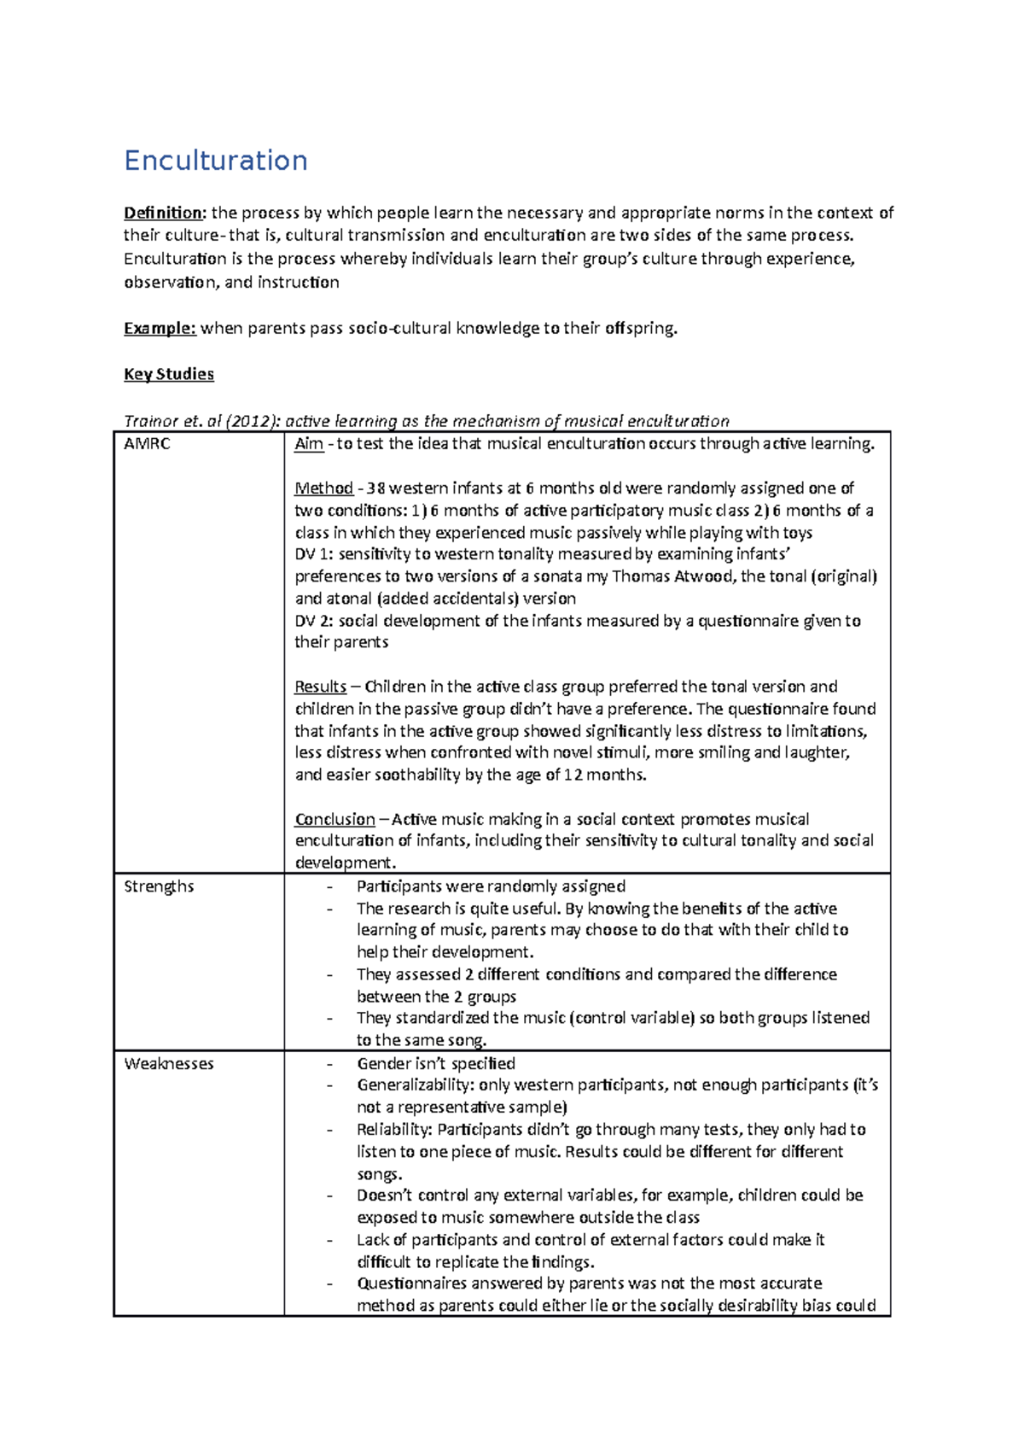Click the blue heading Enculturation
click(x=215, y=161)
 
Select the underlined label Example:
click(x=160, y=328)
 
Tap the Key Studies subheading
click(x=168, y=374)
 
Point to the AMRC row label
click(x=147, y=444)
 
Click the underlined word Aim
click(x=308, y=444)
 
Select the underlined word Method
click(x=323, y=488)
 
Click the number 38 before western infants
click(x=375, y=488)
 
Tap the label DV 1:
click(x=314, y=554)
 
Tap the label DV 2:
click(x=314, y=621)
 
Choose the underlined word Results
click(x=320, y=687)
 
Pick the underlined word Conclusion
click(x=335, y=820)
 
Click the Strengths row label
click(x=159, y=886)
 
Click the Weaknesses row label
click(x=169, y=1064)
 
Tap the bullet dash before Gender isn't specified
click(x=330, y=1064)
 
